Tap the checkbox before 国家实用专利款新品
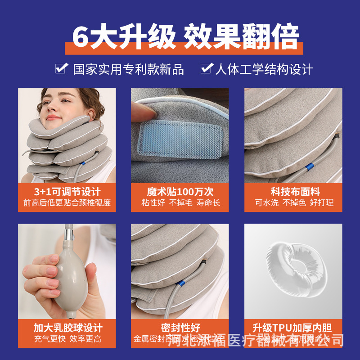pos(61,68)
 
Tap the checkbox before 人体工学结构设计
pos(206,68)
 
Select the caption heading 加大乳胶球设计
pos(67,328)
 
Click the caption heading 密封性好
pos(180,328)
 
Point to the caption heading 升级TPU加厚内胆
pos(293,328)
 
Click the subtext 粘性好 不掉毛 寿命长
pos(180,203)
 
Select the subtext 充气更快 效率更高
pos(67,339)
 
